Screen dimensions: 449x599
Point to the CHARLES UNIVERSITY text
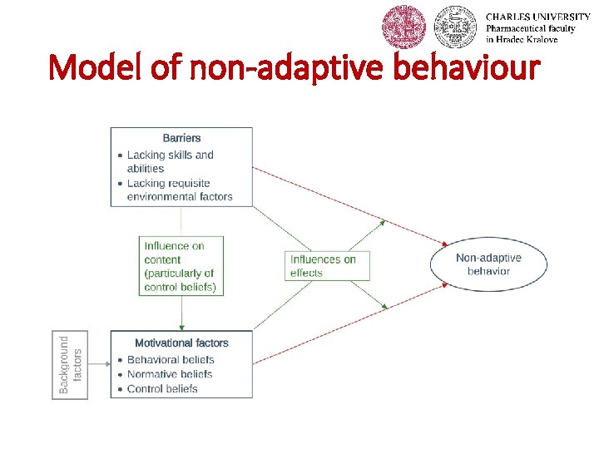(537, 17)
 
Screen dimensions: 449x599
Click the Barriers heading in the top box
(181, 138)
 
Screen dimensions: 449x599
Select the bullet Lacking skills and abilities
(170, 161)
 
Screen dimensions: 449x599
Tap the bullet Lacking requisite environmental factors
(179, 190)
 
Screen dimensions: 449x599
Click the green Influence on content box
(181, 266)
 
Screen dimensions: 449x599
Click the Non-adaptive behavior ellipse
(488, 264)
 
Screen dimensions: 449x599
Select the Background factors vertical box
(70, 364)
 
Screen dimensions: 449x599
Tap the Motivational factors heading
(181, 343)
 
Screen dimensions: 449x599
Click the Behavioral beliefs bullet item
(171, 360)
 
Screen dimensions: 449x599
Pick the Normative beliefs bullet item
(169, 374)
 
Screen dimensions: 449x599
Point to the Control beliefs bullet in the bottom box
(162, 388)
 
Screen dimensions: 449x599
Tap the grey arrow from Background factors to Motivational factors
(99, 363)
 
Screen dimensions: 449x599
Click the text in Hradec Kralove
(522, 40)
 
